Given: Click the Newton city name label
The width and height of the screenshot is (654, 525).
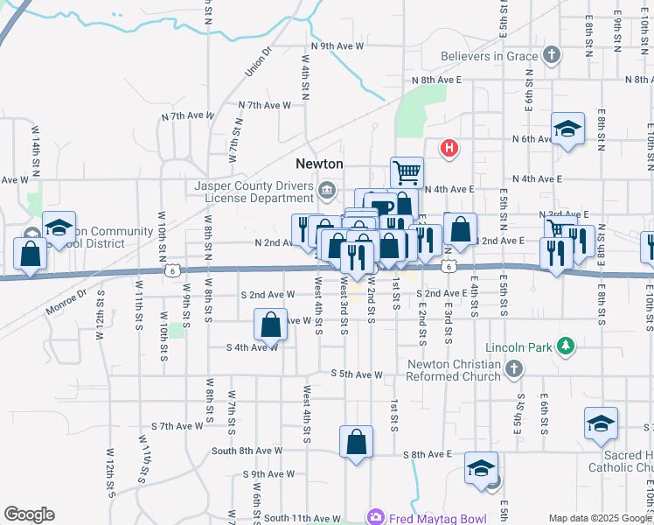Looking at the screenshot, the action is [319, 164].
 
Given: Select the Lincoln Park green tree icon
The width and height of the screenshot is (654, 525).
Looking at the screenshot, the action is [566, 347].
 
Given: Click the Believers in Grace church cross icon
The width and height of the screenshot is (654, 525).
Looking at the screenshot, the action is [551, 56].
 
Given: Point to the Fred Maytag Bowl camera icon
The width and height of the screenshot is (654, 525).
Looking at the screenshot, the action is [376, 517].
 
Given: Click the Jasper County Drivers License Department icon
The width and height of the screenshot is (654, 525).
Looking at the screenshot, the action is [326, 189].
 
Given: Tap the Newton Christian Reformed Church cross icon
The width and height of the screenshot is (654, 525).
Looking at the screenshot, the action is [514, 369].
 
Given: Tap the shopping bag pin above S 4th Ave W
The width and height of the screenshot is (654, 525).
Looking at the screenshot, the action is [271, 325].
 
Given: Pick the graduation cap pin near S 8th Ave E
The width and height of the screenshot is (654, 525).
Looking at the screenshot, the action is [481, 468].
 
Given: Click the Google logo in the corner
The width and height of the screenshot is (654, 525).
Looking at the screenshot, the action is [28, 514].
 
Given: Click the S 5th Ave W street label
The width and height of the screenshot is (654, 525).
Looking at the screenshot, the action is [357, 374].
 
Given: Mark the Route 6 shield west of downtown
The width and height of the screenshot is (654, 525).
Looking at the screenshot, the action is [176, 271].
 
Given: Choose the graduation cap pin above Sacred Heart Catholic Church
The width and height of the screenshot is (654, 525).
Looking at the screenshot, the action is [601, 423].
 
